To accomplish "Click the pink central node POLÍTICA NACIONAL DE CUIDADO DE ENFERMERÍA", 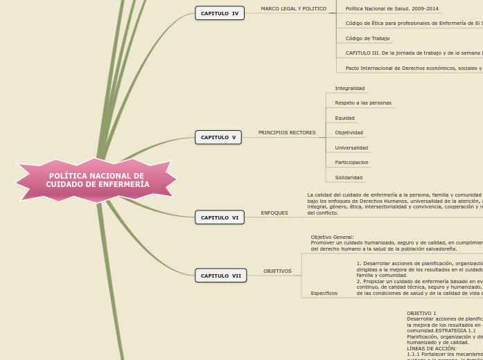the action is pyautogui.click(x=97, y=181).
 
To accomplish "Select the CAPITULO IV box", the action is pyautogui.click(x=220, y=13).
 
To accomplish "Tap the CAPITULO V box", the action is pyautogui.click(x=218, y=137).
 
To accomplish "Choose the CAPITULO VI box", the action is pyautogui.click(x=220, y=217).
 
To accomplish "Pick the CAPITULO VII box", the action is pyautogui.click(x=221, y=276).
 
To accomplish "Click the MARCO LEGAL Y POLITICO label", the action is pyautogui.click(x=293, y=9).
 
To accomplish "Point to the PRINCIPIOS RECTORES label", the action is pyautogui.click(x=287, y=132).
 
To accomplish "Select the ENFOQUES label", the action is pyautogui.click(x=274, y=213).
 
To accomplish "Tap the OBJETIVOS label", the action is pyautogui.click(x=277, y=271).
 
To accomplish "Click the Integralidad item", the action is pyautogui.click(x=349, y=89).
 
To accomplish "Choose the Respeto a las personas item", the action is pyautogui.click(x=363, y=103).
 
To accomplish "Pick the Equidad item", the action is pyautogui.click(x=344, y=118).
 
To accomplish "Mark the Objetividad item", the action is pyautogui.click(x=349, y=133).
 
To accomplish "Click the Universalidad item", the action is pyautogui.click(x=351, y=147).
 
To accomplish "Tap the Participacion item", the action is pyautogui.click(x=351, y=163).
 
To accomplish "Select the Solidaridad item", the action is pyautogui.click(x=349, y=178).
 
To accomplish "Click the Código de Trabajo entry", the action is pyautogui.click(x=367, y=39).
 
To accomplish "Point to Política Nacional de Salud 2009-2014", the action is pyautogui.click(x=392, y=9).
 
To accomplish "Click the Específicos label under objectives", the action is pyautogui.click(x=324, y=293).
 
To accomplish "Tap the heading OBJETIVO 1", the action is pyautogui.click(x=421, y=314).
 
